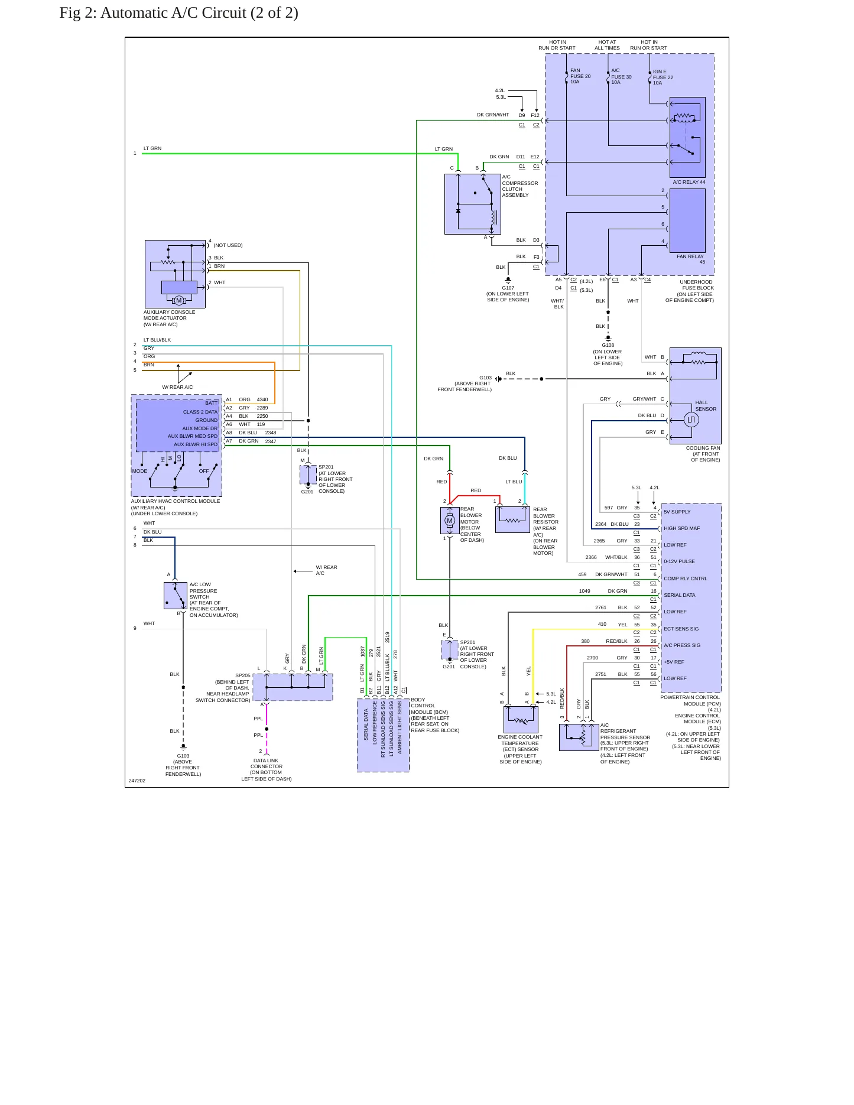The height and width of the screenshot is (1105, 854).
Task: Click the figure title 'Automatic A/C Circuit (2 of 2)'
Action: click(199, 13)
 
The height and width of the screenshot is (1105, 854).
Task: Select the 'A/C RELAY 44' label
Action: click(689, 182)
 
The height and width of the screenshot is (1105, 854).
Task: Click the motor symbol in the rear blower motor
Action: click(450, 521)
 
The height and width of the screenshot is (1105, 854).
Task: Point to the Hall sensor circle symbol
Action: click(691, 420)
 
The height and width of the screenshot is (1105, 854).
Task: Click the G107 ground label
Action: click(508, 288)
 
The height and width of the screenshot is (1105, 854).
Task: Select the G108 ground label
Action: click(608, 345)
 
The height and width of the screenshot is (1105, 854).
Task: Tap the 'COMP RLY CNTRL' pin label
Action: click(686, 578)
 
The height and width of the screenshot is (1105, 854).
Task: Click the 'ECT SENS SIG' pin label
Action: click(681, 629)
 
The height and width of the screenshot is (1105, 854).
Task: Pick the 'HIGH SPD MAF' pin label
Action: click(681, 528)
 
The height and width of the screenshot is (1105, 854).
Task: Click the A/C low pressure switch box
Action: click(176, 596)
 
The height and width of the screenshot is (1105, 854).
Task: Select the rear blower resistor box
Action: click(512, 519)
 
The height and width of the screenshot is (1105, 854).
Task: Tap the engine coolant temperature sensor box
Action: click(521, 719)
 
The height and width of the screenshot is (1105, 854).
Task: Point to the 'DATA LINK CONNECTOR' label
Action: click(267, 763)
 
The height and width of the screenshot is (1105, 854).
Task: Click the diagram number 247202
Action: click(137, 781)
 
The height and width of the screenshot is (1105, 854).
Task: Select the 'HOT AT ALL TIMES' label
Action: click(607, 45)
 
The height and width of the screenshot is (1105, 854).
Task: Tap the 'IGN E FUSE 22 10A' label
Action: click(663, 77)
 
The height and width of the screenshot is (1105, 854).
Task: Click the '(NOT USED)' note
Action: click(228, 245)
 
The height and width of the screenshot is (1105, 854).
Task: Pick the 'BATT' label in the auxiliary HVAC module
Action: click(212, 403)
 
